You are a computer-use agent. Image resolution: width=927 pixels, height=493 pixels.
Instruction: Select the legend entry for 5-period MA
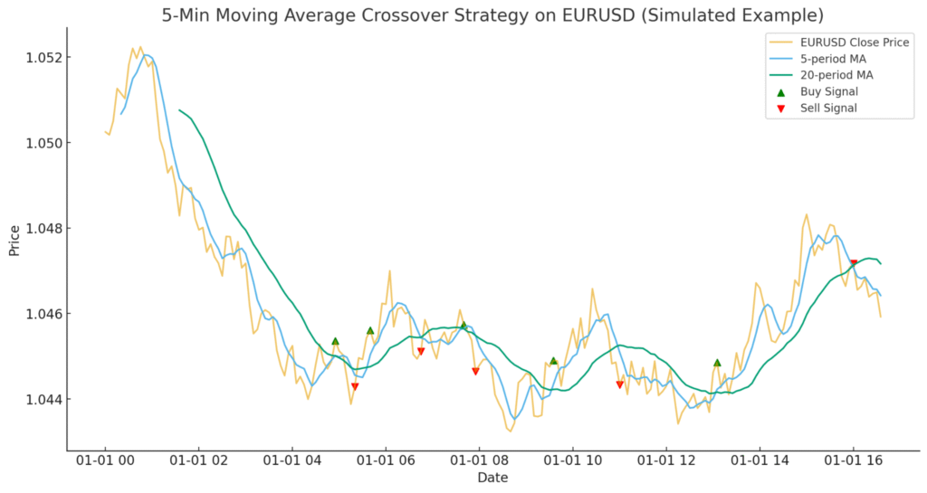(834, 59)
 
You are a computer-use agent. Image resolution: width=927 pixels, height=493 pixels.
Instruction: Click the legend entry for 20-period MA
(837, 75)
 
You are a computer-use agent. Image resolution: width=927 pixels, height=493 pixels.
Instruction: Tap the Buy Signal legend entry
(828, 91)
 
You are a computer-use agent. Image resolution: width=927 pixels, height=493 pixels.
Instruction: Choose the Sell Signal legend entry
(827, 109)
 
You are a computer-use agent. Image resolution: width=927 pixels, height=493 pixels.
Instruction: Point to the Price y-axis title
(14, 240)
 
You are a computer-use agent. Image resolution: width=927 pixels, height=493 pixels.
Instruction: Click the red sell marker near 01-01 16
(854, 263)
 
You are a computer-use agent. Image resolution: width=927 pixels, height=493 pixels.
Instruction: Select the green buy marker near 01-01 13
(717, 363)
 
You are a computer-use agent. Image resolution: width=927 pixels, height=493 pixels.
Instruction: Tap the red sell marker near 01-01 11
(620, 384)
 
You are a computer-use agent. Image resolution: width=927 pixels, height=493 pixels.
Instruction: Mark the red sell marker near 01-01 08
(475, 372)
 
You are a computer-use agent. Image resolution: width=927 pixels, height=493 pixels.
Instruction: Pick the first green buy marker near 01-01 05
(335, 341)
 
